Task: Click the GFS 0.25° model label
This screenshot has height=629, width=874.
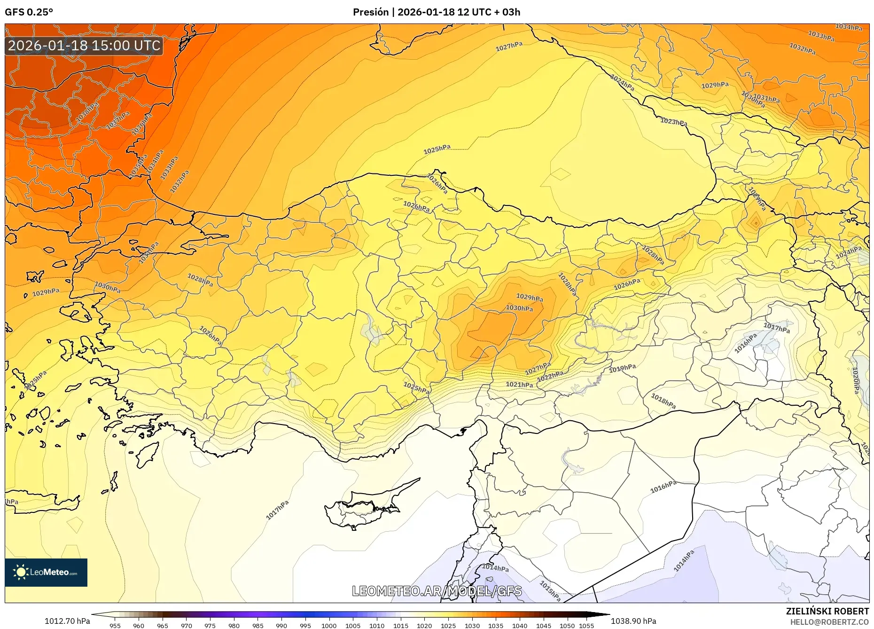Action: (29, 12)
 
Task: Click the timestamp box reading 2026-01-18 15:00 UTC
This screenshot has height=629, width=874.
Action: (84, 46)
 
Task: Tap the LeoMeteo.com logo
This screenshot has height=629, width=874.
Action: (46, 572)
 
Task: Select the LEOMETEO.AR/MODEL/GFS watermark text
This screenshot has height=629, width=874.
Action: (437, 591)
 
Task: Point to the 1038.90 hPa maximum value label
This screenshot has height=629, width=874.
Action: (633, 621)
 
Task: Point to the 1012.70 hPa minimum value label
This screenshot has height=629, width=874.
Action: (67, 621)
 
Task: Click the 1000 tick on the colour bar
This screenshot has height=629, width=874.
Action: (329, 626)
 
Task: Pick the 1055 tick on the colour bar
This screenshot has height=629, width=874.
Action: (586, 626)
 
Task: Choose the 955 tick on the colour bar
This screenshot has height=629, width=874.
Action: (115, 626)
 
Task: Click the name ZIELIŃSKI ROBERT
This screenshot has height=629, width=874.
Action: (827, 611)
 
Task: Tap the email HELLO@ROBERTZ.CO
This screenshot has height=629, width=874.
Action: (829, 622)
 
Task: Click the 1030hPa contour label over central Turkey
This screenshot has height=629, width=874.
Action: (519, 308)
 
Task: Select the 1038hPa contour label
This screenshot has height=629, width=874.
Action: (87, 113)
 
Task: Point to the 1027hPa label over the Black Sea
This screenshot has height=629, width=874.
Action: (509, 46)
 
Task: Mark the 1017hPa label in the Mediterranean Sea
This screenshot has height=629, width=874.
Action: (277, 510)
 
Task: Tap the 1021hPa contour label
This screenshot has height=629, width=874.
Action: (519, 385)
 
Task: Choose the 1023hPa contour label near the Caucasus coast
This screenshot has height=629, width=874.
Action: (673, 122)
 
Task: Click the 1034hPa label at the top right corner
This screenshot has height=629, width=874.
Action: (849, 27)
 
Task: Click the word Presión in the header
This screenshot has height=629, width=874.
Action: (370, 12)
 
